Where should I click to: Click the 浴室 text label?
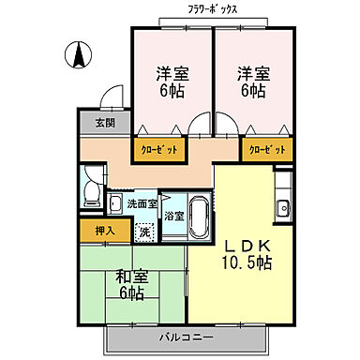(x=173, y=215)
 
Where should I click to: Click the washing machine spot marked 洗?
(x=144, y=230)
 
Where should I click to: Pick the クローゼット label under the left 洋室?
(x=157, y=148)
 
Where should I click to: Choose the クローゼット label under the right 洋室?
(x=266, y=148)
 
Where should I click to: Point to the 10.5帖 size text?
(x=247, y=263)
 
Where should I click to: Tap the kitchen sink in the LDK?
(x=282, y=206)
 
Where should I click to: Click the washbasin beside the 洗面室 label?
(x=115, y=204)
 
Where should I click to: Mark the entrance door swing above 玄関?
(x=112, y=98)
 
